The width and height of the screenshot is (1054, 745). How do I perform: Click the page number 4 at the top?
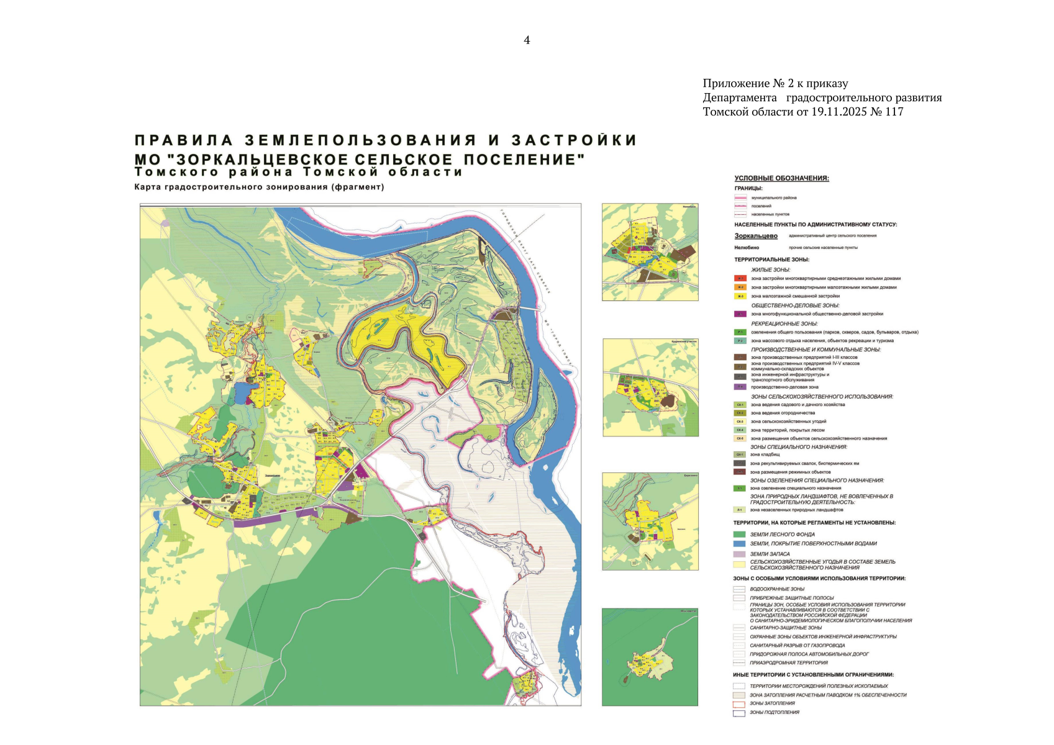click(x=527, y=40)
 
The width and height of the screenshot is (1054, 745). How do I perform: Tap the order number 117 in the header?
click(x=894, y=112)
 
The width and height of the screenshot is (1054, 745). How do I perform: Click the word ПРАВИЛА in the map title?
click(x=184, y=140)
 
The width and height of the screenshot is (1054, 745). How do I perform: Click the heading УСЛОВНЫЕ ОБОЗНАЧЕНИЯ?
click(x=781, y=178)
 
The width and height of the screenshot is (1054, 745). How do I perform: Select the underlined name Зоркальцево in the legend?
click(x=756, y=236)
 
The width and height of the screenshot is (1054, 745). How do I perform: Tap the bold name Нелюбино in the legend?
click(x=747, y=247)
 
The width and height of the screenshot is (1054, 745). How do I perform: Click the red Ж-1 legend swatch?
click(x=740, y=279)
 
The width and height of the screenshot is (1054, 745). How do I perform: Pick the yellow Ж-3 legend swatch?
click(x=740, y=296)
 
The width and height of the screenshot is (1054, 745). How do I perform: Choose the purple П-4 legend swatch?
click(x=740, y=387)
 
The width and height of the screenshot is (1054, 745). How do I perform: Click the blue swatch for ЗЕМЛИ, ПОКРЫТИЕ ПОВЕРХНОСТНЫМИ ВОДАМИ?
click(x=739, y=543)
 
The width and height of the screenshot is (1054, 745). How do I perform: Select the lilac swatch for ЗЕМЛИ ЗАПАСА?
click(x=739, y=554)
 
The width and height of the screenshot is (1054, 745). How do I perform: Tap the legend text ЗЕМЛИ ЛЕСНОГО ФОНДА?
click(x=782, y=535)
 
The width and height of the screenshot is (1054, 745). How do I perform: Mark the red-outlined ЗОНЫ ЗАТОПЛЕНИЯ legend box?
click(x=738, y=704)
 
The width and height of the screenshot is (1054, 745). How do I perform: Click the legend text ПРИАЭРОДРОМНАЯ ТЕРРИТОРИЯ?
click(x=788, y=662)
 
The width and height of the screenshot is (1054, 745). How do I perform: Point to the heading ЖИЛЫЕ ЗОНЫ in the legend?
click(x=770, y=270)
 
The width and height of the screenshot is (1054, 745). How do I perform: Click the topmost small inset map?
click(x=650, y=253)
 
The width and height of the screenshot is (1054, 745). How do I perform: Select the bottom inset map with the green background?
click(x=650, y=657)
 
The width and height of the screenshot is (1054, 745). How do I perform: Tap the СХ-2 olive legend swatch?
click(x=740, y=413)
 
